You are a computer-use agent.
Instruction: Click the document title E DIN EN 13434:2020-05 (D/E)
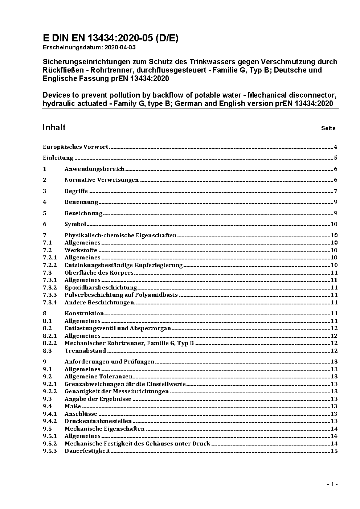(x=110, y=38)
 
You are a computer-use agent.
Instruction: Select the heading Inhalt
(x=54, y=127)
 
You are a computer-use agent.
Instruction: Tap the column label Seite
(x=328, y=128)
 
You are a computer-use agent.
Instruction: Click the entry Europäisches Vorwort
(x=75, y=147)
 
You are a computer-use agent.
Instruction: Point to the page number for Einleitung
(x=336, y=158)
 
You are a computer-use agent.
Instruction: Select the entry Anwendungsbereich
(x=94, y=169)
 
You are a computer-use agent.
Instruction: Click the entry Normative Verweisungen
(x=102, y=180)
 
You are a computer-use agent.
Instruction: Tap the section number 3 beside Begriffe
(x=45, y=191)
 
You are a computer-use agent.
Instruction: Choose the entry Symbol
(x=75, y=224)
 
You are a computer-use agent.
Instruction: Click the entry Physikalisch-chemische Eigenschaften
(x=120, y=235)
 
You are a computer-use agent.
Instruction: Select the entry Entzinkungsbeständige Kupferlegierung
(x=123, y=265)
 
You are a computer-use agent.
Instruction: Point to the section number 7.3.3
(x=50, y=295)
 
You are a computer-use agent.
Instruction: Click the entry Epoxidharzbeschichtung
(x=101, y=288)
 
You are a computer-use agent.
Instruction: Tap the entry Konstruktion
(x=84, y=313)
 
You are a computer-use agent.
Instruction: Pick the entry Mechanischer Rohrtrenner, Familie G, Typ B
(x=129, y=343)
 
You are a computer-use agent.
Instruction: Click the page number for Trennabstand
(x=334, y=351)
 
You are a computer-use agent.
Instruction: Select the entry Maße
(x=73, y=406)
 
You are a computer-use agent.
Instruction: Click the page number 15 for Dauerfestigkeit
(x=334, y=451)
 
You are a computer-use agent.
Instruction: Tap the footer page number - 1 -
(x=332, y=484)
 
